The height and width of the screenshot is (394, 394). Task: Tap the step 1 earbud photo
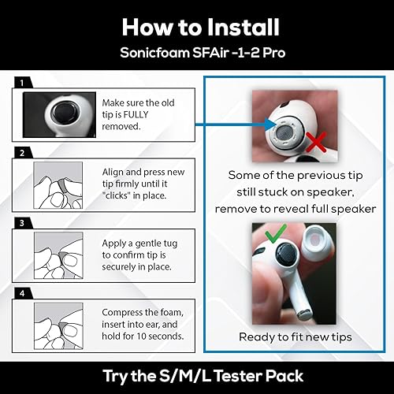click(x=58, y=113)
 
